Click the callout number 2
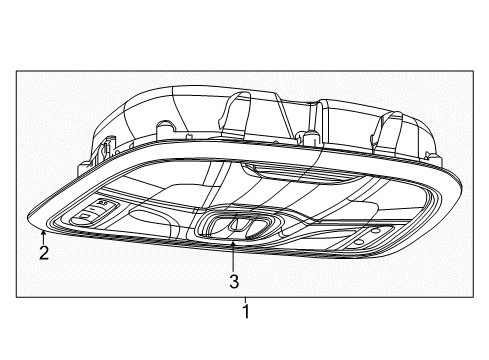[44, 253]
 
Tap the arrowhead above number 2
[43, 234]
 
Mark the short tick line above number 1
[244, 299]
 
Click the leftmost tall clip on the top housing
[236, 110]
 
